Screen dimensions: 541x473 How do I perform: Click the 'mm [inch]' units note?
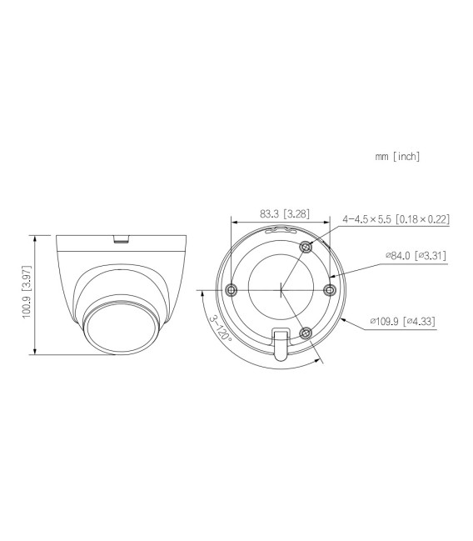[x=398, y=156]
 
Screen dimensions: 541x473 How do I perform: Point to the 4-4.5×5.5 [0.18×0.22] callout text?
[x=396, y=219]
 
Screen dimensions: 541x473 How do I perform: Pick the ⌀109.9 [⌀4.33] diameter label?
[x=402, y=320]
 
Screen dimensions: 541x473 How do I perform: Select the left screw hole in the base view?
[x=232, y=289]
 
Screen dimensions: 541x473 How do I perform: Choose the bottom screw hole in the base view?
[x=306, y=333]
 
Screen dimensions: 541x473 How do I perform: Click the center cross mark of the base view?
[x=281, y=289]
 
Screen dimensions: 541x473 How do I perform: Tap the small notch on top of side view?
[x=122, y=241]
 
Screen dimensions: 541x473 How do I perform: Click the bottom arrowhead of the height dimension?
[x=35, y=352]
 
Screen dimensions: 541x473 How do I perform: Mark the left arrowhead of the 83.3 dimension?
[x=232, y=223]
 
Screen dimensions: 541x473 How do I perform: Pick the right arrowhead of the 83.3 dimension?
[x=328, y=223]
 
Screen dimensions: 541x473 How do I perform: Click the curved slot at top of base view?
[x=281, y=229]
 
